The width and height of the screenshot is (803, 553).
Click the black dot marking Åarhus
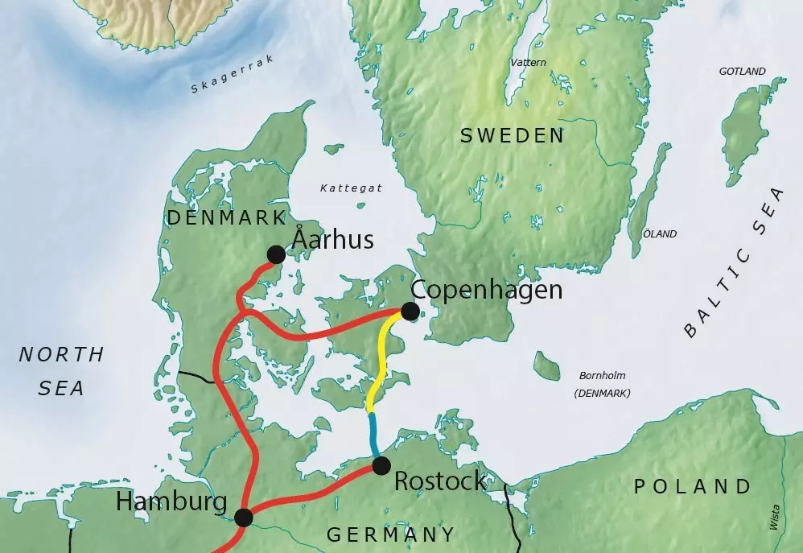tap(276, 254)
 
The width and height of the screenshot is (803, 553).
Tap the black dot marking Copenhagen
tap(410, 311)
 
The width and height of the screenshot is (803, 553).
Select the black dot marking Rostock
tap(381, 465)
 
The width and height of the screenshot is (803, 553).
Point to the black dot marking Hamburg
tap(244, 518)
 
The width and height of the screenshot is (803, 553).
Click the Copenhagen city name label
tap(486, 290)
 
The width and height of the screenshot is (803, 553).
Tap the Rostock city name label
tap(440, 481)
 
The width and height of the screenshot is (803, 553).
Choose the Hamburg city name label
tap(171, 501)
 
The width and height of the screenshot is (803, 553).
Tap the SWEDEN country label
tap(513, 136)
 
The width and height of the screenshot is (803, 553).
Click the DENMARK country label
tap(226, 217)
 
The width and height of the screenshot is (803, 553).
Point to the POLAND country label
tap(693, 486)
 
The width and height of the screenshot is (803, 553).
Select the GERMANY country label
tap(390, 534)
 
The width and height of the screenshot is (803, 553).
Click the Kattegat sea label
tap(351, 188)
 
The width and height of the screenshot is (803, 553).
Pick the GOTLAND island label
tap(742, 72)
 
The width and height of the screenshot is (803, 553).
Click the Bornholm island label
tap(602, 376)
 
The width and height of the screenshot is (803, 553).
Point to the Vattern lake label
tap(528, 62)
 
